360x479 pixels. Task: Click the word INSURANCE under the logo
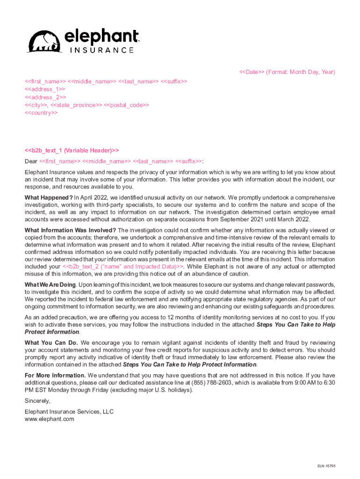[x=101, y=50]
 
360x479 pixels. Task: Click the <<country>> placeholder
[x=41, y=113]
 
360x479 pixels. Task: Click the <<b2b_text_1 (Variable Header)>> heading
[x=72, y=151]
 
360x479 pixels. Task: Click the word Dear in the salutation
[x=31, y=161]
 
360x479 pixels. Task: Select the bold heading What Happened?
[x=49, y=198]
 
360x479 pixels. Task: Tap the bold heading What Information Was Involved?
[x=70, y=230]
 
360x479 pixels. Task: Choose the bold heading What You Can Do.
[x=51, y=343]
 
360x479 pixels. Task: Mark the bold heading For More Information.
[x=55, y=376]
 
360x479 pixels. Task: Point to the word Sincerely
[x=37, y=401]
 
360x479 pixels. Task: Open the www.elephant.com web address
[x=49, y=419]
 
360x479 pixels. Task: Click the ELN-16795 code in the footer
[x=326, y=466]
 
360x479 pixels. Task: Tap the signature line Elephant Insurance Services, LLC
[x=69, y=412]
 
